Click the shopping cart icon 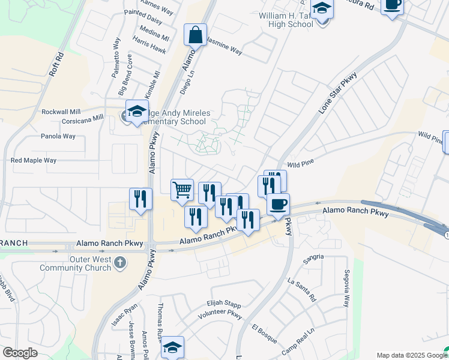pyautogui.click(x=182, y=190)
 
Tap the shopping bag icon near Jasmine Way pyautogui.click(x=196, y=35)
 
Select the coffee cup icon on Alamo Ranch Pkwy pyautogui.click(x=278, y=205)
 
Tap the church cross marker pyautogui.click(x=120, y=262)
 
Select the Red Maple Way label pyautogui.click(x=34, y=161)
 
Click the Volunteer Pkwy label pyautogui.click(x=220, y=313)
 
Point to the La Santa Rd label pyautogui.click(x=301, y=289)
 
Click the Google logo pyautogui.click(x=20, y=353)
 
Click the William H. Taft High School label pyautogui.click(x=286, y=20)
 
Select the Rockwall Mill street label pyautogui.click(x=61, y=112)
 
